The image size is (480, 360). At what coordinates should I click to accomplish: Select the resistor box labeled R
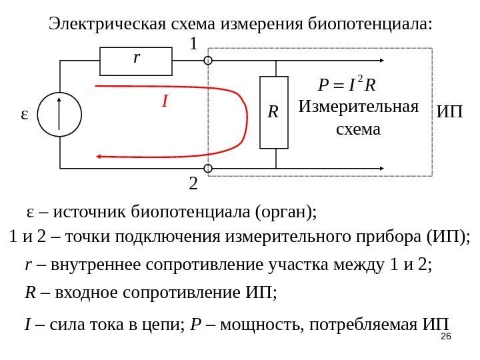[273, 112]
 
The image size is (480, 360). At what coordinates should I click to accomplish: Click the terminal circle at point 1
[208, 61]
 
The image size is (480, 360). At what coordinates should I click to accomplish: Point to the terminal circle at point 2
[208, 168]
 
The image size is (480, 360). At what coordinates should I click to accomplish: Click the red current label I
[164, 102]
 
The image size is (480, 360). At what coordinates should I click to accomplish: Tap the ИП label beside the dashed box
[450, 111]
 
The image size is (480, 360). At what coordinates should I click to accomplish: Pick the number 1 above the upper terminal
[194, 45]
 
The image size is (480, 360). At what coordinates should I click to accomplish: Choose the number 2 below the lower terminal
[194, 183]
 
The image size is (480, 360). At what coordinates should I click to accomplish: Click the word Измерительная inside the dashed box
[358, 107]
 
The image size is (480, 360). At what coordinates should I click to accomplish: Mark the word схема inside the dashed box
[357, 128]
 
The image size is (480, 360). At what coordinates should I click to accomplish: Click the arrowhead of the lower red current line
[100, 156]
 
